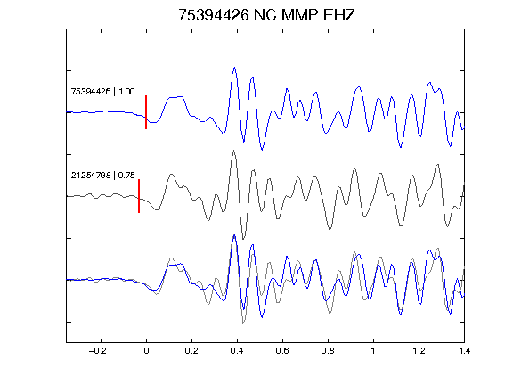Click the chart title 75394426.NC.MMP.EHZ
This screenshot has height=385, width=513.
[266, 15]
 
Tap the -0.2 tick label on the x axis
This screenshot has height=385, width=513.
[97, 351]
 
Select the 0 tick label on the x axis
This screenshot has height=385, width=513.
[146, 351]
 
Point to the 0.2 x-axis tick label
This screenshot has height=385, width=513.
[191, 351]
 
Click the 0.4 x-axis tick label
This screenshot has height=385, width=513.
[237, 351]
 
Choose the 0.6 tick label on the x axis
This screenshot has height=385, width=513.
[282, 351]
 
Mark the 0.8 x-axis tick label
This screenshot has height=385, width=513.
[328, 351]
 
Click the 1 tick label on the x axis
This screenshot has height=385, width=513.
[373, 351]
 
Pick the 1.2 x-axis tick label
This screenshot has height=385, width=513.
[419, 351]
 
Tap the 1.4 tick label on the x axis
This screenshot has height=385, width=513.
[464, 351]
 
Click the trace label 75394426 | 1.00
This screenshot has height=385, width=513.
[102, 92]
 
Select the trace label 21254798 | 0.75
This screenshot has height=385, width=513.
[102, 176]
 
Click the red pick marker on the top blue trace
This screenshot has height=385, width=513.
[146, 112]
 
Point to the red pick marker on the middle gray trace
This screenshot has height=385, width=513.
[139, 196]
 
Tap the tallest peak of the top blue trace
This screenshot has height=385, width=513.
[234, 68]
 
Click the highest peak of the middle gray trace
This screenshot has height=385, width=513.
[233, 151]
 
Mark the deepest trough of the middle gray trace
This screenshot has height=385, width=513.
[243, 239]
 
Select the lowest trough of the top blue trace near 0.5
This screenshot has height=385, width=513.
[262, 150]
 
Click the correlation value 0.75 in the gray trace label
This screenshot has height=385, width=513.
[126, 176]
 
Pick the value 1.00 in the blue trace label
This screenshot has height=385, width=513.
[126, 92]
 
